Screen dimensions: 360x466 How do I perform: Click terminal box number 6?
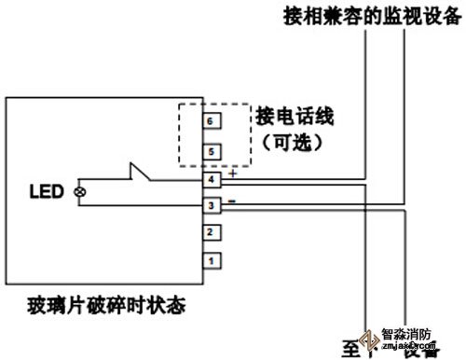coord(212,121)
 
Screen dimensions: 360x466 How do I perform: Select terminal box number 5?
coord(212,149)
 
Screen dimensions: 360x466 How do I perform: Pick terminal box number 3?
coord(212,204)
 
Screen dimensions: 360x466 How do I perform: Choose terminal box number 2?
coord(212,231)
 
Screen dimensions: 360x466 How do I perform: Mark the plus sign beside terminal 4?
coord(232,173)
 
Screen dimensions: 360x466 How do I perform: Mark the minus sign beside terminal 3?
coord(232,199)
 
